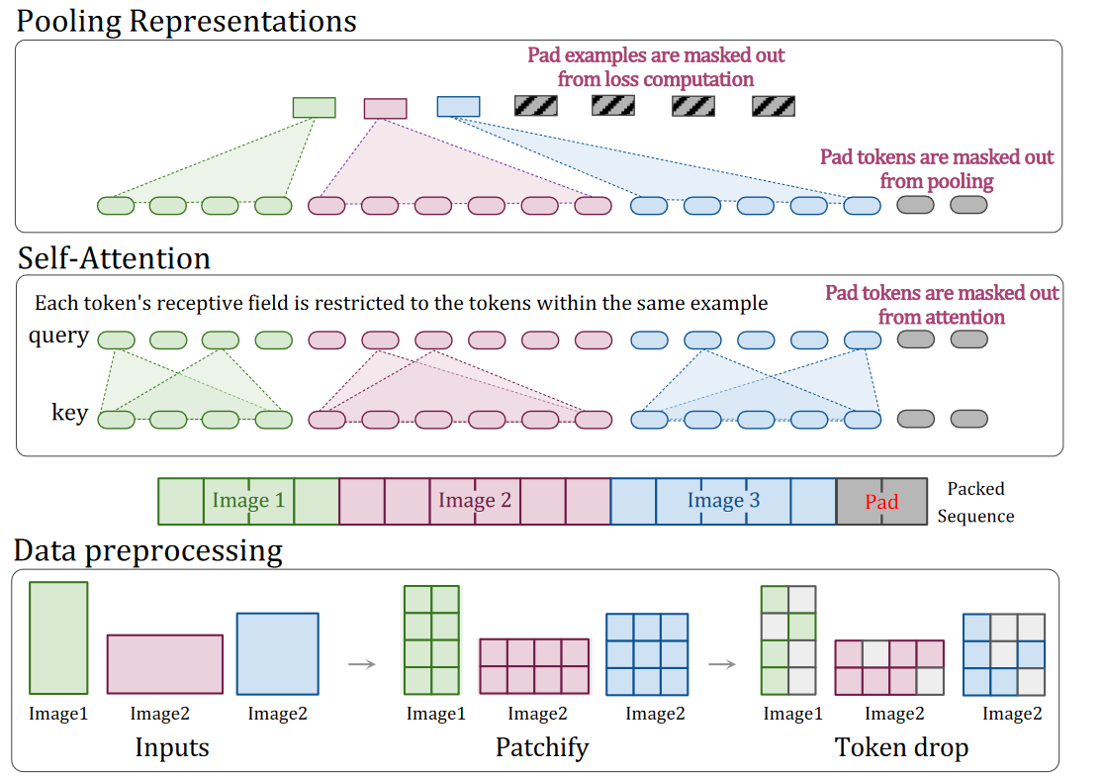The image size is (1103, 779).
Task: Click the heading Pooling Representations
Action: pos(186,21)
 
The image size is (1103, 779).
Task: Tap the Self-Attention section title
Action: pos(114,258)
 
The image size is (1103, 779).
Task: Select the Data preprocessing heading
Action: pos(147,551)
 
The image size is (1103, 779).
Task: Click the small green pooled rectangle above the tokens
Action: pos(314,108)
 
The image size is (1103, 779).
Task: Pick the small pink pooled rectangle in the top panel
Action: pos(385,108)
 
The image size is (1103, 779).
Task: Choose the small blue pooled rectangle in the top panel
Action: pos(458,106)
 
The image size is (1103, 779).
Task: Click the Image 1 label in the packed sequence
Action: pos(248,500)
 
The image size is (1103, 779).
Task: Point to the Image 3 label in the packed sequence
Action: pos(723,500)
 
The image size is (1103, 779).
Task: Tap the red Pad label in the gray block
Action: pos(881,502)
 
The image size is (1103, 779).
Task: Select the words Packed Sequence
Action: pos(975,503)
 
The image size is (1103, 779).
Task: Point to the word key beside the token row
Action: pos(69,413)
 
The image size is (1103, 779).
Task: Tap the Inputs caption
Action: pos(172,747)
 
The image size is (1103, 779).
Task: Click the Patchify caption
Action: pos(542,747)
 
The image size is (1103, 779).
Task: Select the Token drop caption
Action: pos(901,747)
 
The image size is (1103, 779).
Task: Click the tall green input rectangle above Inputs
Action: pos(58,638)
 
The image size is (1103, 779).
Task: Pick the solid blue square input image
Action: pos(278,653)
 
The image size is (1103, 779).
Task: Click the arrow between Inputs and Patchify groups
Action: pos(362,663)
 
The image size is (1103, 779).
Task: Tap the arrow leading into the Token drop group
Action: pos(722,663)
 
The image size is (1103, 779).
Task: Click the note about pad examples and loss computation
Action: pos(656,67)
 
